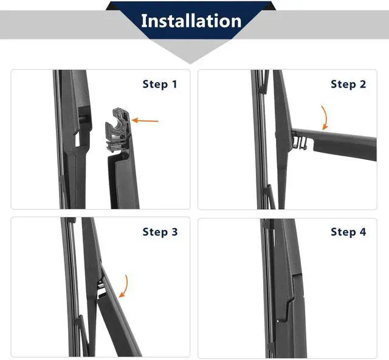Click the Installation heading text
pos(191,21)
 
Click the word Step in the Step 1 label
pos(155,85)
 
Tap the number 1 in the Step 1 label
pos(174,84)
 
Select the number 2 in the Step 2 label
pos(362,84)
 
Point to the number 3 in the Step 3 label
pos(174,232)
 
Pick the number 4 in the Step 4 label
pos(363,232)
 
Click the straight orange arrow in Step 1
pos(145,120)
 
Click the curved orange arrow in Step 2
pos(325,118)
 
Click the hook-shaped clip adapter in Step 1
pos(117,129)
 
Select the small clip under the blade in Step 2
pos(300,144)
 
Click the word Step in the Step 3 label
pos(155,232)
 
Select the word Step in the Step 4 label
pos(343,232)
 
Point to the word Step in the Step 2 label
pos(343,85)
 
